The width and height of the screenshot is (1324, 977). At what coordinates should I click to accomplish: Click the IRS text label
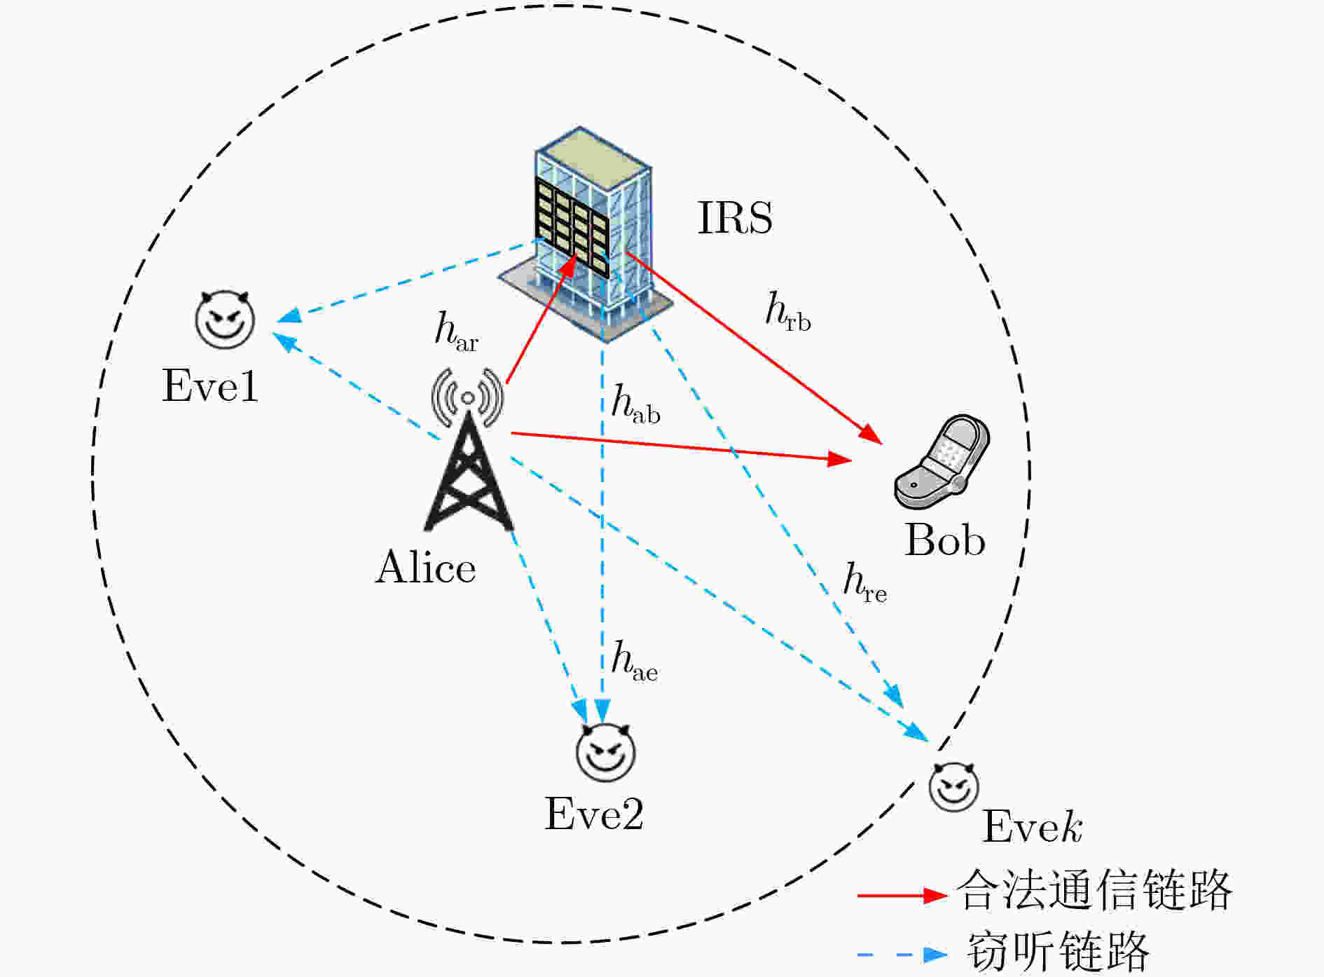[x=735, y=217]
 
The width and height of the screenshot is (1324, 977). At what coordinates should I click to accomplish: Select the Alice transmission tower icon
[x=468, y=449]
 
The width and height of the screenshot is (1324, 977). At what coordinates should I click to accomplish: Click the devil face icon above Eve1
[x=224, y=320]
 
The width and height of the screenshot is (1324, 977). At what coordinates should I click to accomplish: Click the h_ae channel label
[x=635, y=662]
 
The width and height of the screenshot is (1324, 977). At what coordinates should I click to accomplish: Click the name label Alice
[x=426, y=566]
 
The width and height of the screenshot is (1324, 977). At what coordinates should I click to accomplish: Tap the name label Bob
[x=945, y=540]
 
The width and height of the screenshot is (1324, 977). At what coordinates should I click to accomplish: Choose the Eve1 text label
[x=210, y=385]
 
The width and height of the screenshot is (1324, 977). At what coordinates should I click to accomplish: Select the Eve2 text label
[x=594, y=814]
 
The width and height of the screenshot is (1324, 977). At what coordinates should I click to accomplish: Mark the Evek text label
[x=1033, y=826]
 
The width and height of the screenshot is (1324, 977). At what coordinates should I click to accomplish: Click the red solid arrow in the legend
[x=903, y=895]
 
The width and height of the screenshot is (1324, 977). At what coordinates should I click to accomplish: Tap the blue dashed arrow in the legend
[x=903, y=954]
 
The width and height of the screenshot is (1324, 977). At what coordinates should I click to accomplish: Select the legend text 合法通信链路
[x=1094, y=890]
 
